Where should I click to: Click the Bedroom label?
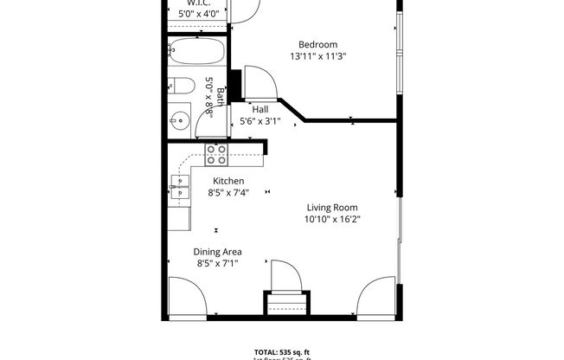(317, 45)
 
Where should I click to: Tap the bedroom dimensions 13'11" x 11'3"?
(317, 57)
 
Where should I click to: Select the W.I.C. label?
(194, 3)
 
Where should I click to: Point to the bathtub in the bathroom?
(197, 53)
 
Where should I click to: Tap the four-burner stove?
(216, 154)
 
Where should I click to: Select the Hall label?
(260, 110)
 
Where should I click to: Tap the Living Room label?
(331, 208)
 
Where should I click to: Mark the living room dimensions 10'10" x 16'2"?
(331, 220)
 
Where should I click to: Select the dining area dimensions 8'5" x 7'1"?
(217, 263)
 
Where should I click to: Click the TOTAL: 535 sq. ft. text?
(282, 350)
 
